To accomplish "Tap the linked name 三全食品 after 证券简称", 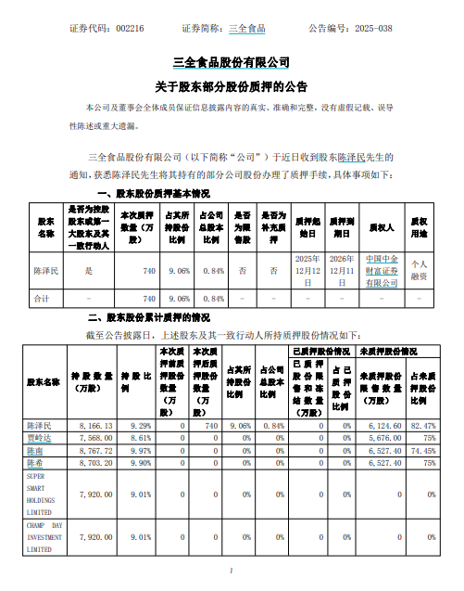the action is (246, 29).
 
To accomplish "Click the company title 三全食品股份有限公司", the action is (232, 63).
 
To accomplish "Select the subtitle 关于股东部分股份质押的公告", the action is (232, 86).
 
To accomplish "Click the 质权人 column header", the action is (381, 226).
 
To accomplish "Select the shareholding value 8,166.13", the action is (96, 425).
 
